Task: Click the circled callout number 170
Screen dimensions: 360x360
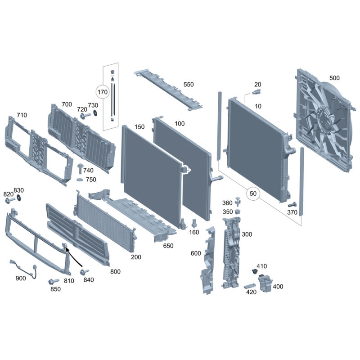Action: coord(103,92)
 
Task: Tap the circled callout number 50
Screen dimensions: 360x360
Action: coord(253,193)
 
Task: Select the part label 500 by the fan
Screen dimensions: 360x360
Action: coord(334,78)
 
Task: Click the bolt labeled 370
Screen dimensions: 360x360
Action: coord(292,204)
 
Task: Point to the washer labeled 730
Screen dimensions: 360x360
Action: coord(95,113)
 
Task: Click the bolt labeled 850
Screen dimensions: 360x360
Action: coord(54,281)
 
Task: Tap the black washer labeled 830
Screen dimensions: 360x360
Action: coord(19,198)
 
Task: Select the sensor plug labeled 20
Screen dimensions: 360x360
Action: coord(256,92)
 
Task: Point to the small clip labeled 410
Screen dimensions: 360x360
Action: coord(254,271)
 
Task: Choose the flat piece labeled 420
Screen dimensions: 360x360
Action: coord(249,286)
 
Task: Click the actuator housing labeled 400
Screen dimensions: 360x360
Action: coord(265,283)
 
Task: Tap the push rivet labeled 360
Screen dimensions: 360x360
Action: coord(238,201)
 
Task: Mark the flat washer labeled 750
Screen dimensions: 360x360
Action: coord(80,179)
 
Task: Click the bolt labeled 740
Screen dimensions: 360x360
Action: coord(80,169)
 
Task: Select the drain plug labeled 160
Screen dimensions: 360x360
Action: coord(194,223)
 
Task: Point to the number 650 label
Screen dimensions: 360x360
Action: coord(168,246)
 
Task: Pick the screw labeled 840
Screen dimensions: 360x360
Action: coord(84,272)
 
